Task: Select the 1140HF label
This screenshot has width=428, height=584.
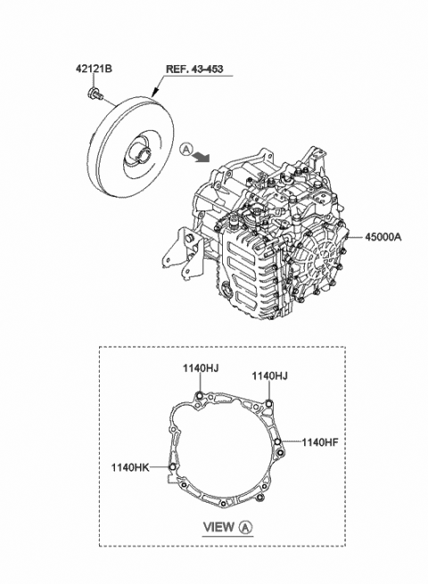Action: click(x=319, y=441)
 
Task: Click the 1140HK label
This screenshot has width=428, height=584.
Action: click(x=128, y=465)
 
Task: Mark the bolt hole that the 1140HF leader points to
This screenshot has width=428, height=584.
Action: click(x=279, y=441)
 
